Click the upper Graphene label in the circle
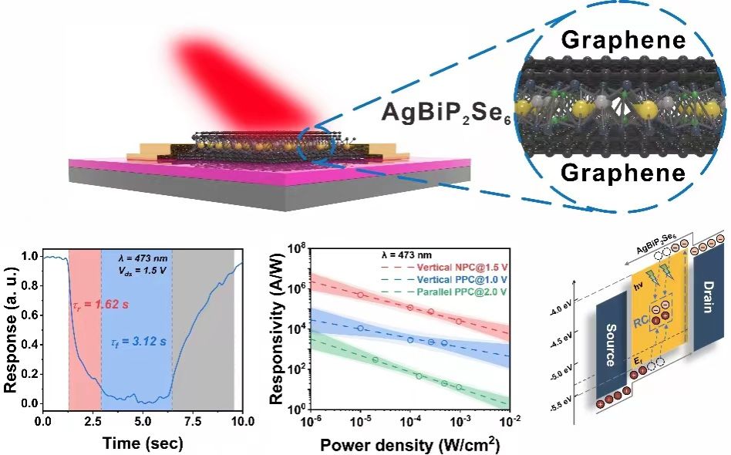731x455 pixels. point(623,40)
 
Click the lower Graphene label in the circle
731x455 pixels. point(623,173)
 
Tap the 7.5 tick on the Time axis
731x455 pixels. point(193,422)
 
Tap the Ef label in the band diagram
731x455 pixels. point(625,362)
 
